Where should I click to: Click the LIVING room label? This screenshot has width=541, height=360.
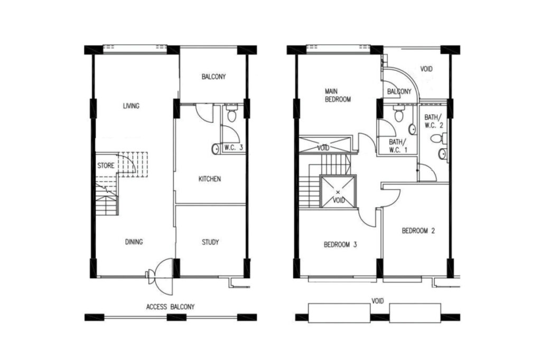pyautogui.click(x=131, y=106)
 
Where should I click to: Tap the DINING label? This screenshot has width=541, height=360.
pyautogui.click(x=134, y=242)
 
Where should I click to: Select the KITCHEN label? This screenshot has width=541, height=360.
pyautogui.click(x=209, y=179)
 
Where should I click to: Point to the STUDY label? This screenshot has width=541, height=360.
pyautogui.click(x=210, y=242)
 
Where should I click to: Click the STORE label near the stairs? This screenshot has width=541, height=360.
pyautogui.click(x=106, y=166)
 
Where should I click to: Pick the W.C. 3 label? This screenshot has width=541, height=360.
pyautogui.click(x=234, y=148)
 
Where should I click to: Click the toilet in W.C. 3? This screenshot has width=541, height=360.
pyautogui.click(x=231, y=113)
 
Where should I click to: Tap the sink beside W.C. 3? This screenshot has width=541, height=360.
pyautogui.click(x=215, y=149)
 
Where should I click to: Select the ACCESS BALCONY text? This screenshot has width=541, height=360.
pyautogui.click(x=171, y=307)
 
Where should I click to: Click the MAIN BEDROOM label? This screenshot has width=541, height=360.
pyautogui.click(x=338, y=95)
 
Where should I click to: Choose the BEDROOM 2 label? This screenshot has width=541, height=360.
pyautogui.click(x=418, y=231)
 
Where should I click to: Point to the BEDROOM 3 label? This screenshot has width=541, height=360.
pyautogui.click(x=340, y=245)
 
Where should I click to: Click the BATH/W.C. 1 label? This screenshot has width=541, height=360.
pyautogui.click(x=398, y=146)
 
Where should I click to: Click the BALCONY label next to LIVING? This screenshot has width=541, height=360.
pyautogui.click(x=213, y=77)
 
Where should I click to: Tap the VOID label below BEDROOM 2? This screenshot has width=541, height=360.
pyautogui.click(x=377, y=301)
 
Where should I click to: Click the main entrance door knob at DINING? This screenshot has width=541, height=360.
pyautogui.click(x=148, y=274)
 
